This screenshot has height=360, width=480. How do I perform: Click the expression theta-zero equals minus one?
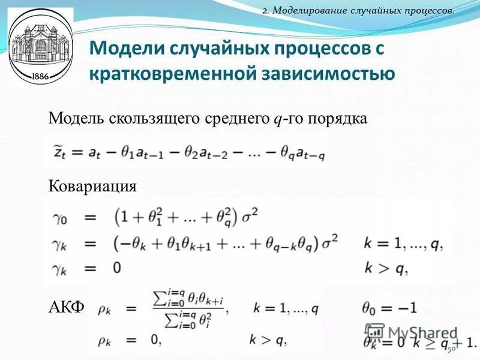coord(389,307)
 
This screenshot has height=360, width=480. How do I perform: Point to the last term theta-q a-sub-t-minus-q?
coord(302,154)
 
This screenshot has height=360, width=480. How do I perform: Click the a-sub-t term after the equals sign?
coord(95,154)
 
